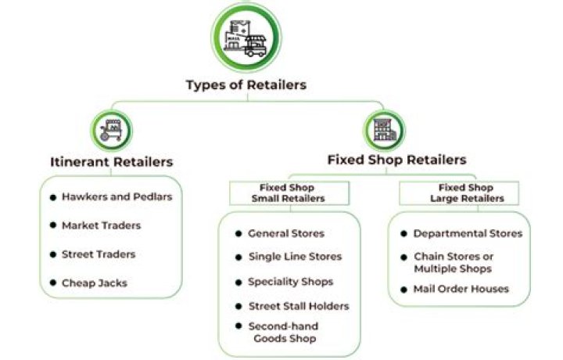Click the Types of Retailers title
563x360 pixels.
click(246, 85)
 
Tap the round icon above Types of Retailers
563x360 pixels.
click(246, 36)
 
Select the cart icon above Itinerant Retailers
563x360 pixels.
click(112, 129)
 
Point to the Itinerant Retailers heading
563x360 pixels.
click(111, 162)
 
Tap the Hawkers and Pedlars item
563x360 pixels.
click(117, 197)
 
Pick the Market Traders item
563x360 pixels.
click(101, 225)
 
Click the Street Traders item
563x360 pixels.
click(98, 254)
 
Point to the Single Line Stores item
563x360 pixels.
click(294, 257)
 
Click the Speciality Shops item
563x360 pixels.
click(290, 282)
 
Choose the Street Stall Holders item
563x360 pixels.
click(298, 306)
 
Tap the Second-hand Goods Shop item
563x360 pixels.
click(282, 332)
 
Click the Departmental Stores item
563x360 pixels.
click(467, 233)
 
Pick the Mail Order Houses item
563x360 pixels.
click(461, 289)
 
